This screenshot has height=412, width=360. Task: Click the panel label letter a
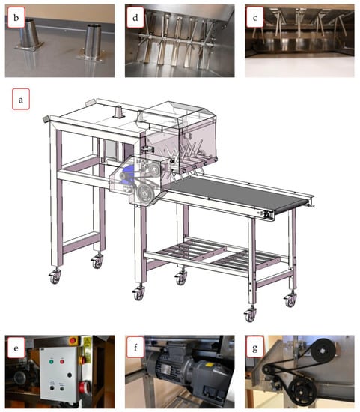click(x=21, y=100)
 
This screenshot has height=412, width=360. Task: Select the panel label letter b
click(x=16, y=18)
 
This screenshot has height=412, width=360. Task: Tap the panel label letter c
click(x=254, y=18)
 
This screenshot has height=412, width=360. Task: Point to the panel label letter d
click(x=135, y=18)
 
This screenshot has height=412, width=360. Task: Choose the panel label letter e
click(x=16, y=348)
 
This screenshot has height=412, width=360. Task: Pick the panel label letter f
click(x=135, y=348)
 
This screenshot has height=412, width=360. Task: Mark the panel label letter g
click(x=254, y=348)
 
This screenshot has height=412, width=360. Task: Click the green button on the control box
click(x=51, y=362)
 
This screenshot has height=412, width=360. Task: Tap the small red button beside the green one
click(x=62, y=362)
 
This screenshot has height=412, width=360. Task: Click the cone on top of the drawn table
click(x=119, y=112)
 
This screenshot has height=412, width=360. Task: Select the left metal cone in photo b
click(x=29, y=34)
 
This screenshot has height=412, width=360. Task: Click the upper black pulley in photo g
click(x=323, y=351)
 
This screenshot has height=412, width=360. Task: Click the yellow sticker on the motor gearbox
click(x=210, y=365)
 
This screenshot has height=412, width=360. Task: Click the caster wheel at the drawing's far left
click(x=55, y=277)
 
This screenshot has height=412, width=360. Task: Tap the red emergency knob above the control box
click(x=73, y=341)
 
